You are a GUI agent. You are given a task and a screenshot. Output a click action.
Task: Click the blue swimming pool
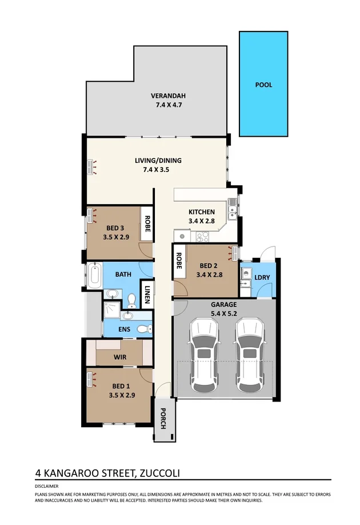[263, 84]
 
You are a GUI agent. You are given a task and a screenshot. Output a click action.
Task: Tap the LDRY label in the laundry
[262, 277]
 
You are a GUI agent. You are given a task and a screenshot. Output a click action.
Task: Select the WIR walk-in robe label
[119, 357]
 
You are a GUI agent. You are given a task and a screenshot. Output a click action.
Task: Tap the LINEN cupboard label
[147, 295]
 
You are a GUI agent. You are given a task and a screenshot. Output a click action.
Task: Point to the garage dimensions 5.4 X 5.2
[223, 313]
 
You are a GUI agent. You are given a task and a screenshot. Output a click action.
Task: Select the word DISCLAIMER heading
[46, 486]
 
